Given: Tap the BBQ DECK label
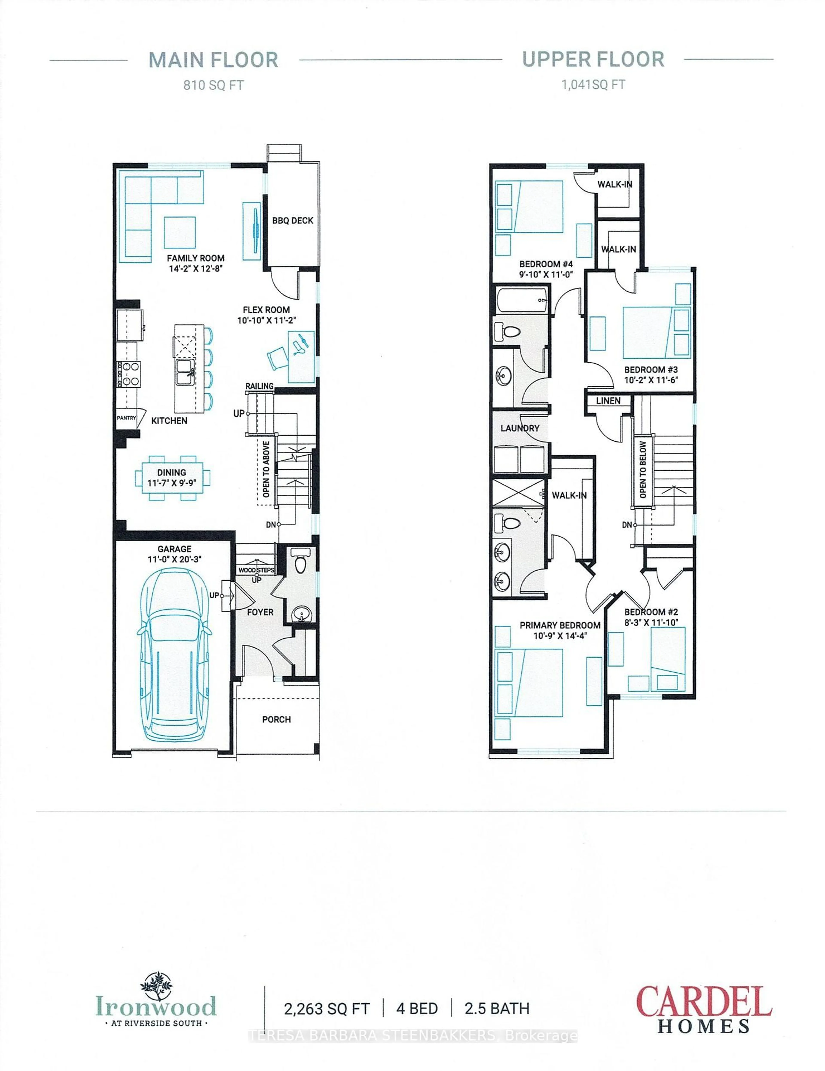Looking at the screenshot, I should click(293, 221).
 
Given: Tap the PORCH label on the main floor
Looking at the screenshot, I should click(277, 719).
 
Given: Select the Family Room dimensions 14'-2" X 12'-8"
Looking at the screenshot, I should click(196, 269).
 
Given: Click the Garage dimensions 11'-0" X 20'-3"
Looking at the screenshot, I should click(174, 559).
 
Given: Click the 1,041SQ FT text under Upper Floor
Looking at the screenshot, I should click(593, 85).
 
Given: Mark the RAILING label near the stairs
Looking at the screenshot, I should click(259, 386).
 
